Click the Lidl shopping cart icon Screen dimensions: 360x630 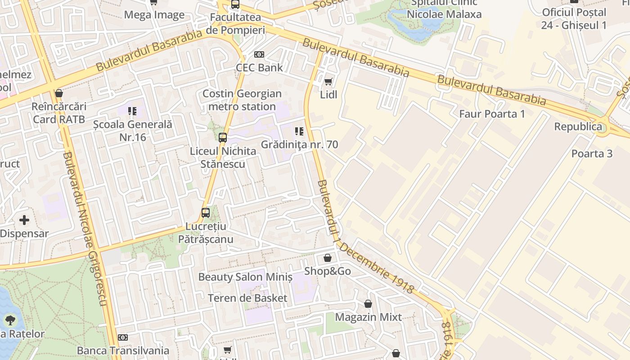(x=328, y=81)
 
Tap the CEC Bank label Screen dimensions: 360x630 (x=259, y=67)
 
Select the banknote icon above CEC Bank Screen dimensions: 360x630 (x=259, y=54)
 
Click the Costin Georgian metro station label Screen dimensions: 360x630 (x=242, y=100)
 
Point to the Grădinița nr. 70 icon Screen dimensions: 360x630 (x=299, y=131)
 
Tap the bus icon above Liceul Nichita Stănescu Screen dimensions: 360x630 (x=223, y=138)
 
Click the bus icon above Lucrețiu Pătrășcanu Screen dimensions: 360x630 (x=206, y=213)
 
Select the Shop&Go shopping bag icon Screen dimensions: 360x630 (x=328, y=258)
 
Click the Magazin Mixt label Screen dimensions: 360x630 (x=368, y=317)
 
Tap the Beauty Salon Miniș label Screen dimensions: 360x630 (x=245, y=277)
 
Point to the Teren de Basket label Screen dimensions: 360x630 (x=247, y=298)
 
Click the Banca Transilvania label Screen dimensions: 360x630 (x=123, y=351)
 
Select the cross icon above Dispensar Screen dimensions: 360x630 (x=24, y=220)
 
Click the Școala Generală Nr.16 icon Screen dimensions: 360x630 (x=132, y=111)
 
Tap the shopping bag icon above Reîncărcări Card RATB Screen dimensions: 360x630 (x=59, y=94)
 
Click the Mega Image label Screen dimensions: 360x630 (x=154, y=15)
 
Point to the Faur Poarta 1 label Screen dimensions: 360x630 (x=492, y=114)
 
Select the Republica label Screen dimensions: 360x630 (x=578, y=126)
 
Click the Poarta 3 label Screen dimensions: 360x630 (x=592, y=153)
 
